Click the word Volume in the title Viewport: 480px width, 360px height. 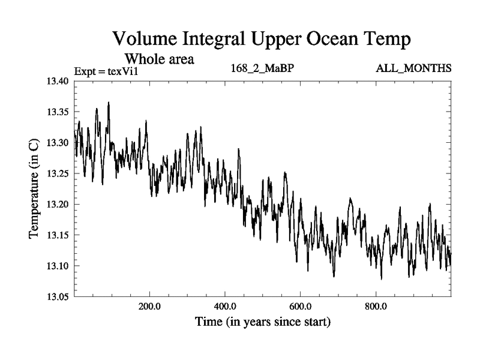coord(146,40)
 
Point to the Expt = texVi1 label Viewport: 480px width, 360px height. coord(106,71)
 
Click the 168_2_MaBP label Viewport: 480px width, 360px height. coord(262,68)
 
